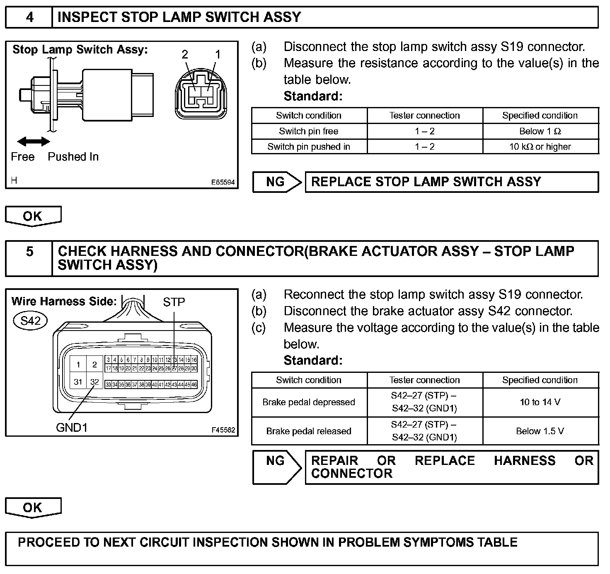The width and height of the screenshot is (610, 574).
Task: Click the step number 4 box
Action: click(x=29, y=17)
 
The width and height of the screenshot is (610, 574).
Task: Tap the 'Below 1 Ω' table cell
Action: click(x=540, y=131)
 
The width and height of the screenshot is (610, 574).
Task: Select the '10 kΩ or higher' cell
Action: click(x=540, y=147)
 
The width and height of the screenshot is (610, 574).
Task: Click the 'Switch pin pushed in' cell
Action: click(x=309, y=147)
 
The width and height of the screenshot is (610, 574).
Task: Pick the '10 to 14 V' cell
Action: click(x=540, y=402)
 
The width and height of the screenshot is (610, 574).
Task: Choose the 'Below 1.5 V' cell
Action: click(x=540, y=431)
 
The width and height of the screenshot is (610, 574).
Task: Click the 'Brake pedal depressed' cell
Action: click(x=309, y=402)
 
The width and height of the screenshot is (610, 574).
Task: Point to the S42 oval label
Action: click(x=30, y=320)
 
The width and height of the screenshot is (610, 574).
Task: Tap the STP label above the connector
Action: click(x=174, y=302)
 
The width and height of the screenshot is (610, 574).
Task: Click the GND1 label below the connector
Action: click(x=72, y=427)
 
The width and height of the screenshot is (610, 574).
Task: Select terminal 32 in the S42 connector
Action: click(x=94, y=382)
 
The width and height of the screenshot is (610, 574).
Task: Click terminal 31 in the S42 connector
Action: click(x=78, y=382)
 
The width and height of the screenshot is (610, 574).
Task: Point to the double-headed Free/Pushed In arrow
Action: click(x=34, y=142)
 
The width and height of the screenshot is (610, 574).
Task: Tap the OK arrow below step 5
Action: click(x=33, y=508)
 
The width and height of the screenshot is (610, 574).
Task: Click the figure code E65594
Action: click(x=223, y=182)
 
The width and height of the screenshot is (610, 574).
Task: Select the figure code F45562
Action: click(x=223, y=430)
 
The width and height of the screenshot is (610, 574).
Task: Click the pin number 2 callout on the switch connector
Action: click(x=185, y=54)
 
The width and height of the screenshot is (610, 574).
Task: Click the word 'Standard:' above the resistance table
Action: click(x=313, y=96)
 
